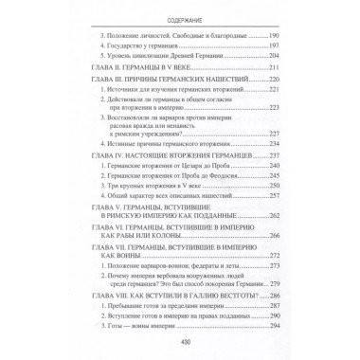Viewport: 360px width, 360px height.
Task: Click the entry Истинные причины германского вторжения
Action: pyautogui.click(x=161, y=155)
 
